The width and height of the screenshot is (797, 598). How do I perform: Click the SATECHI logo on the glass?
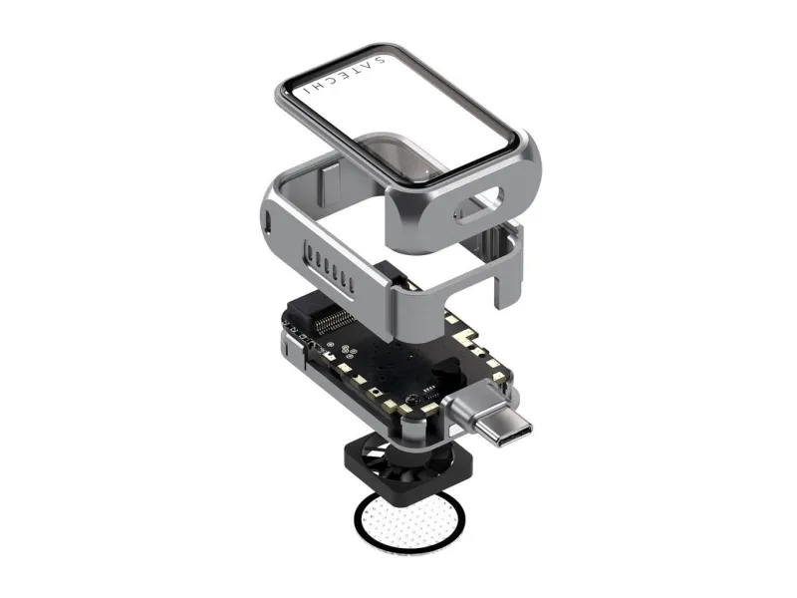pyautogui.click(x=344, y=74)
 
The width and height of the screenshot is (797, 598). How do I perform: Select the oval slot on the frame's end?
pyautogui.click(x=479, y=205)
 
